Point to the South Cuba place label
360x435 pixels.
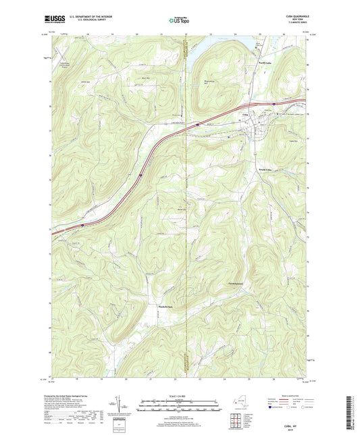tap(265, 170)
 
